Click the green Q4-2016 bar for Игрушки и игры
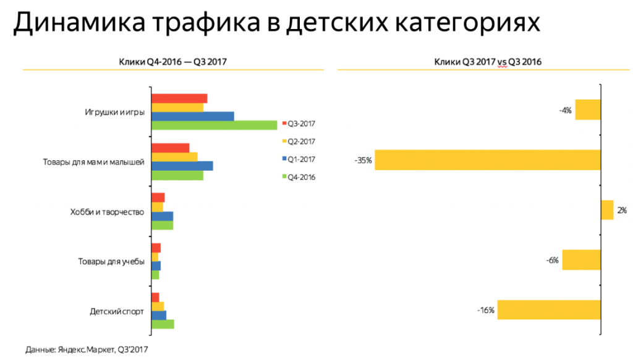pos(214,126)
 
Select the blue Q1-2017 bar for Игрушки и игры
pos(192,116)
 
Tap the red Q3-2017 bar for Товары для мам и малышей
pos(170,147)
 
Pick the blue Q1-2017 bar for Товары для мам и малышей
pos(182,166)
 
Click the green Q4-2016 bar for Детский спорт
pos(163,324)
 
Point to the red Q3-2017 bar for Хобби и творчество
pos(158,197)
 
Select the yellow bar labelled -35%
pos(488,160)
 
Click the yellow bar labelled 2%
pos(607,210)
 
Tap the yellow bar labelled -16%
pos(549,310)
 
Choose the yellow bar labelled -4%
pos(588,109)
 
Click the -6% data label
pos(553,260)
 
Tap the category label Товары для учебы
pos(111,262)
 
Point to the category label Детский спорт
pos(117,311)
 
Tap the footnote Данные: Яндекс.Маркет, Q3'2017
pos(87,349)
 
